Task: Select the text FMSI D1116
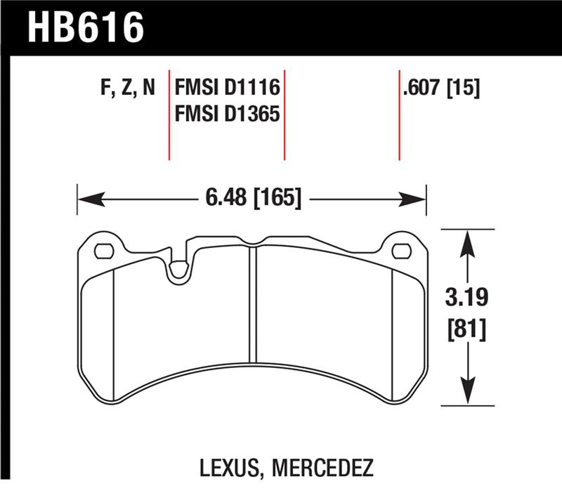pyautogui.click(x=227, y=88)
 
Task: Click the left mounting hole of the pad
pyautogui.click(x=104, y=250)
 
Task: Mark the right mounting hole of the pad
pyautogui.click(x=401, y=250)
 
